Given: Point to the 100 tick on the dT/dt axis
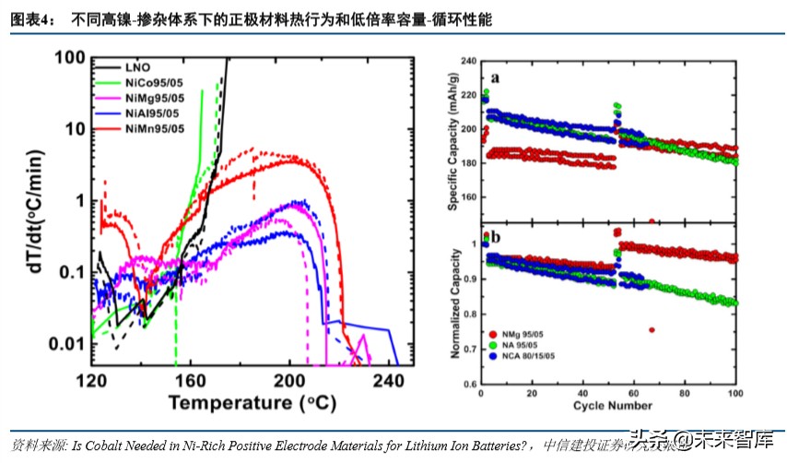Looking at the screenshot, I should point(71,58).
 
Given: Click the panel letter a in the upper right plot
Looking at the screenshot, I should point(496,78).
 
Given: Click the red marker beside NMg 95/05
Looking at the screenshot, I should point(493,331).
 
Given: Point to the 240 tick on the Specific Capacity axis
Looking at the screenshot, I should point(468,61).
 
